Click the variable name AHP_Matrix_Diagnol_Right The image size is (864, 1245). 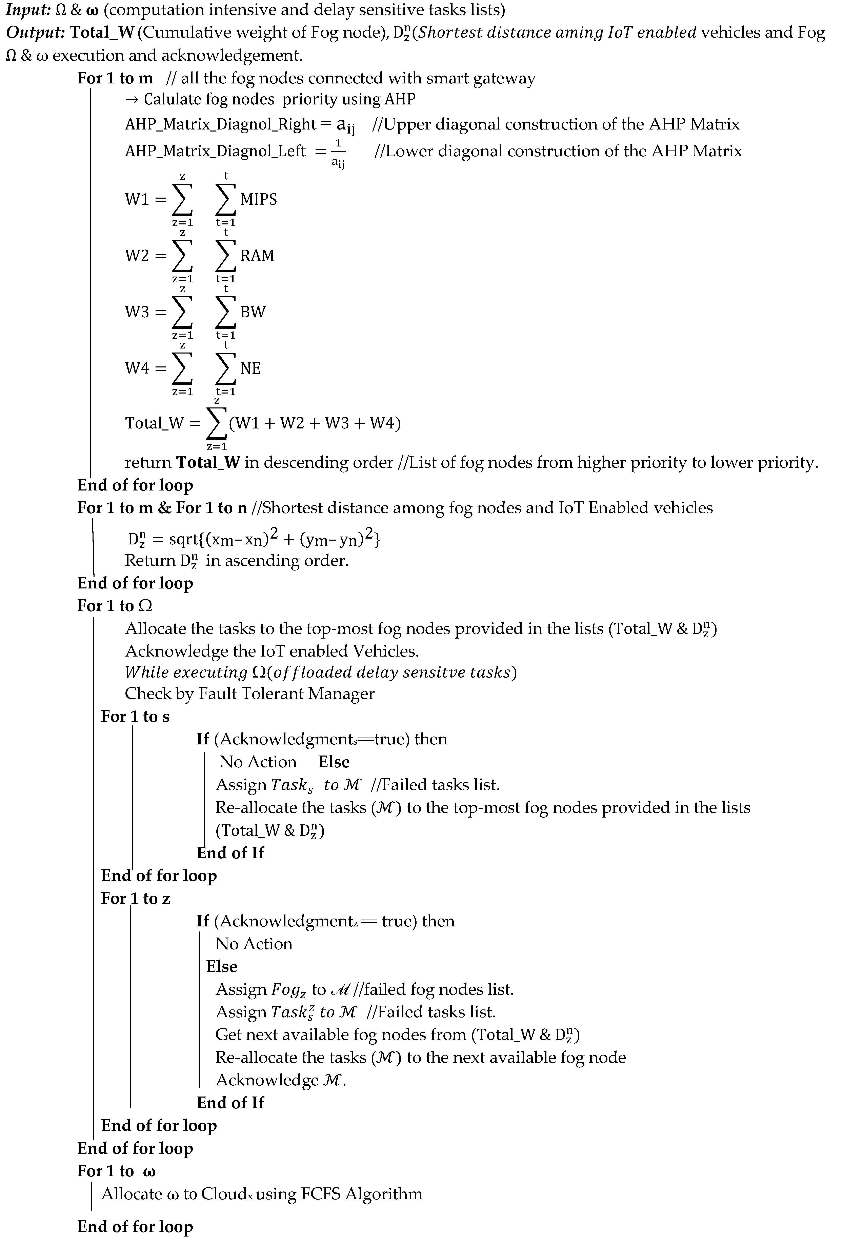pos(220,124)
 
